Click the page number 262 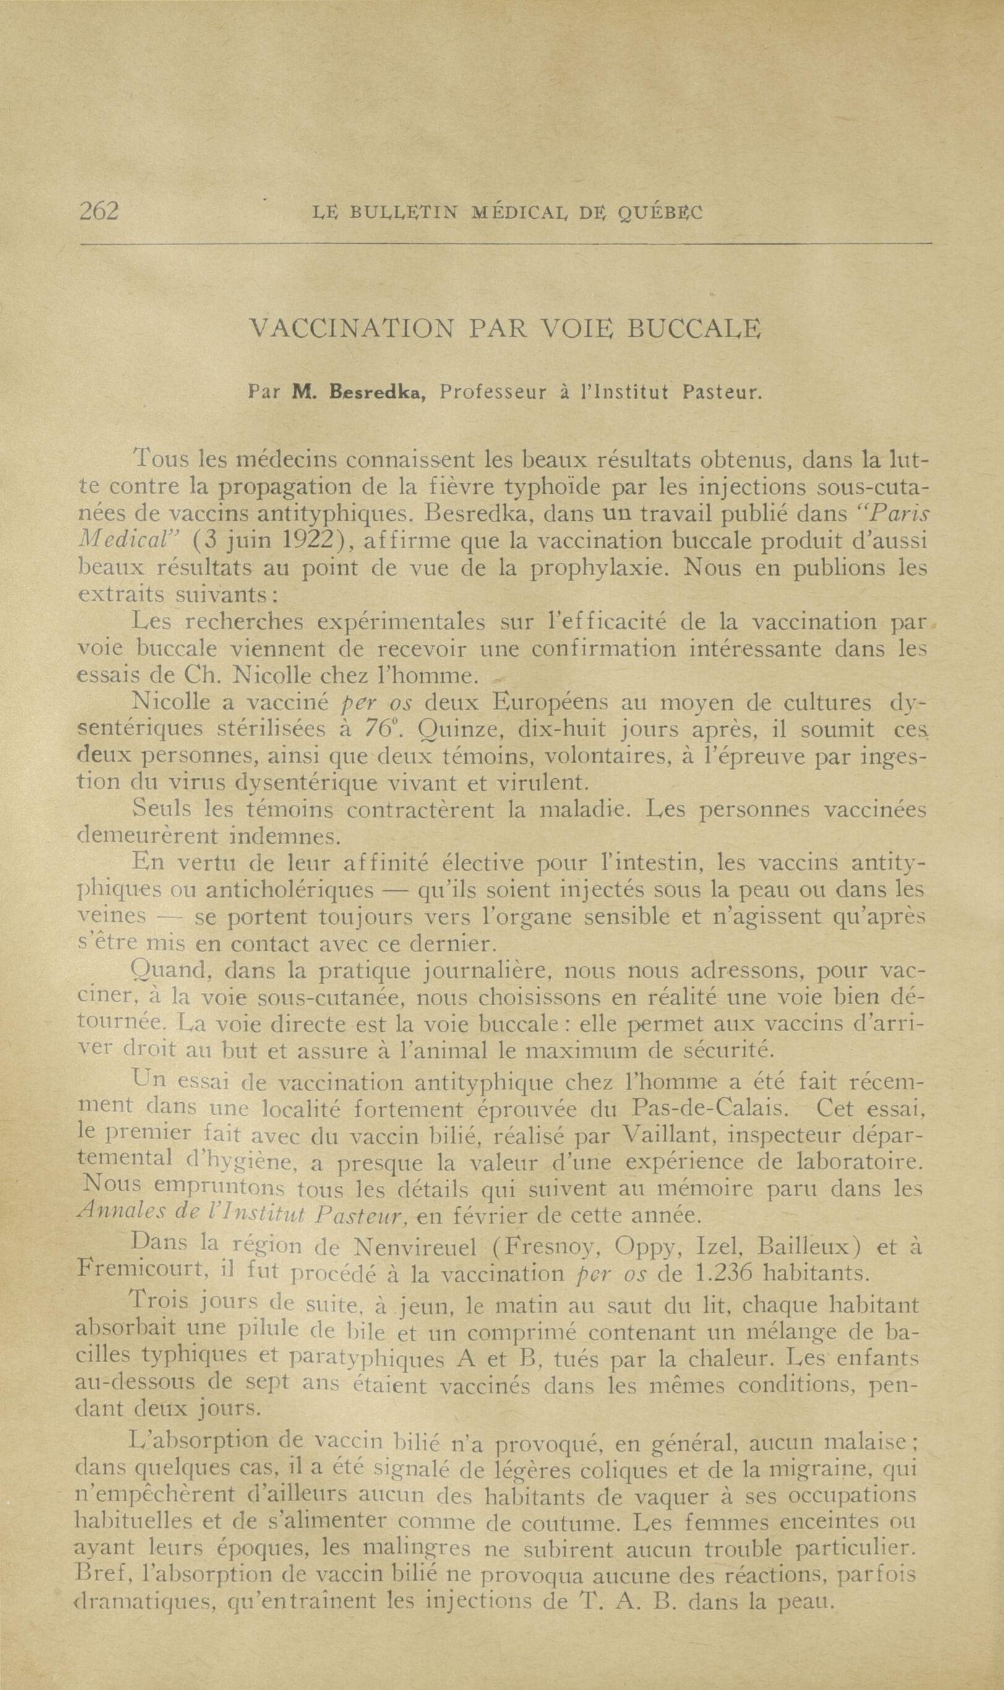tap(99, 212)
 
